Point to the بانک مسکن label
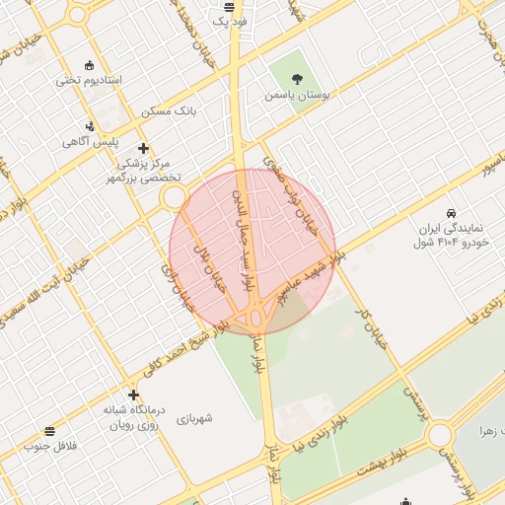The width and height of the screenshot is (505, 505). click(169, 110)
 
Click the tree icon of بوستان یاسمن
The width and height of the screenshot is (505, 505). click(298, 78)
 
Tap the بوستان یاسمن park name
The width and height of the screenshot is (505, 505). click(293, 96)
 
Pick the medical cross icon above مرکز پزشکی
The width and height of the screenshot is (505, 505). click(143, 149)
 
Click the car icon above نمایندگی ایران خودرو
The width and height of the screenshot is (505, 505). click(451, 213)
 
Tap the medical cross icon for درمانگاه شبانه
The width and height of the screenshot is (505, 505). click(134, 394)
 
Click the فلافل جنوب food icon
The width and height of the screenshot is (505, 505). click(50, 431)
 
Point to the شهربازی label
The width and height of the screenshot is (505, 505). click(201, 418)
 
